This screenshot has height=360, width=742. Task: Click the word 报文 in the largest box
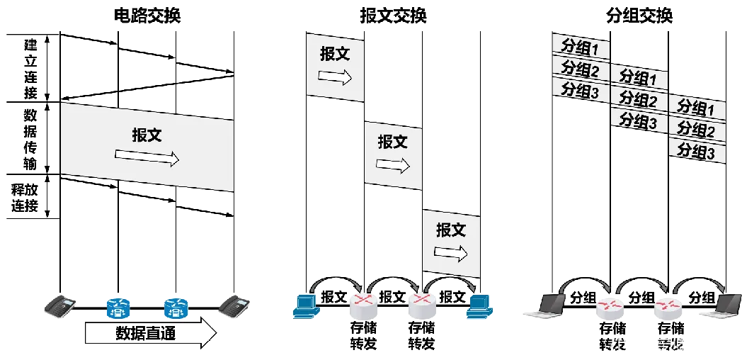(147, 135)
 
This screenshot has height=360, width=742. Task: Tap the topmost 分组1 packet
(580, 47)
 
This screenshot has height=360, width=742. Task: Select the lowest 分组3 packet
(697, 151)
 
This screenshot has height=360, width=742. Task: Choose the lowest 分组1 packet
(697, 108)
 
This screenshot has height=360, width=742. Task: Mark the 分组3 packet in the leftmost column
(580, 89)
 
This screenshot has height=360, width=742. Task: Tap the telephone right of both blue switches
(234, 307)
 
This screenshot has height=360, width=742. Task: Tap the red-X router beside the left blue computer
(363, 306)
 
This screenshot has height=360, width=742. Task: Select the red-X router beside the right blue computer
(423, 306)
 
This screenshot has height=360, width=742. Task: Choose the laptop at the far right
(719, 306)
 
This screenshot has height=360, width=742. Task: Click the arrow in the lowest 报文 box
(451, 252)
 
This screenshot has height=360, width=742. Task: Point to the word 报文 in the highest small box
(335, 55)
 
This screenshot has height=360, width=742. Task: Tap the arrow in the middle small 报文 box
(393, 164)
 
